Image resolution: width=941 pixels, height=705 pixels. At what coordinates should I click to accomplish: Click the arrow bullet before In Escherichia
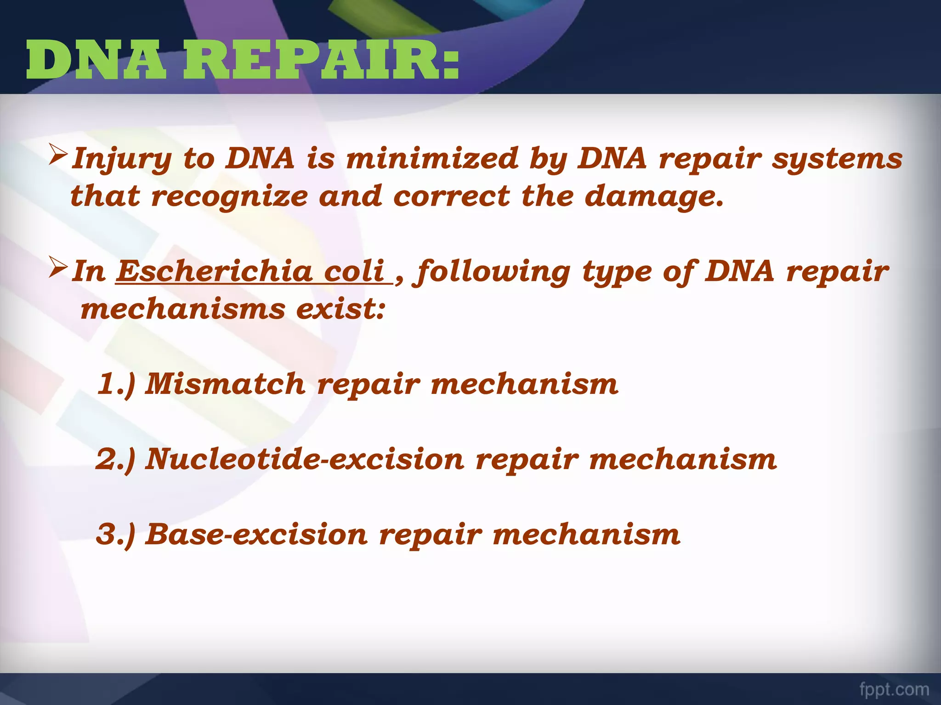point(59,269)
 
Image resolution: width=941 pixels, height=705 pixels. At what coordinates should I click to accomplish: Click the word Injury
point(122,159)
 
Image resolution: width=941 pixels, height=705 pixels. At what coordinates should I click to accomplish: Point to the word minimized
point(432,158)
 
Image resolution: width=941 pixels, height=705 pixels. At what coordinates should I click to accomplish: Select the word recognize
point(230,197)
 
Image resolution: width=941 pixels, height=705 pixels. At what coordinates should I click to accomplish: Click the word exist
point(340,309)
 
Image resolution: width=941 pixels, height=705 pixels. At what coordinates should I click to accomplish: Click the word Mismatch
point(225,384)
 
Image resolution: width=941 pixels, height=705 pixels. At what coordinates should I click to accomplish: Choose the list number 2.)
point(116,459)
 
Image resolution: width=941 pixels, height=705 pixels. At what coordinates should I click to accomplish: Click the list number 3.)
point(116,534)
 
